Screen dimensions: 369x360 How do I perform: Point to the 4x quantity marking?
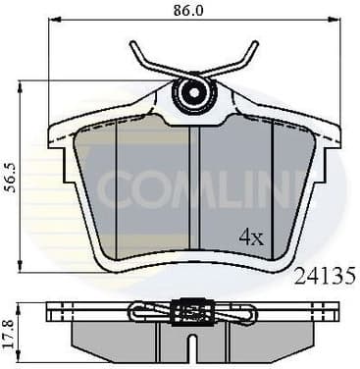(x=251, y=236)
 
